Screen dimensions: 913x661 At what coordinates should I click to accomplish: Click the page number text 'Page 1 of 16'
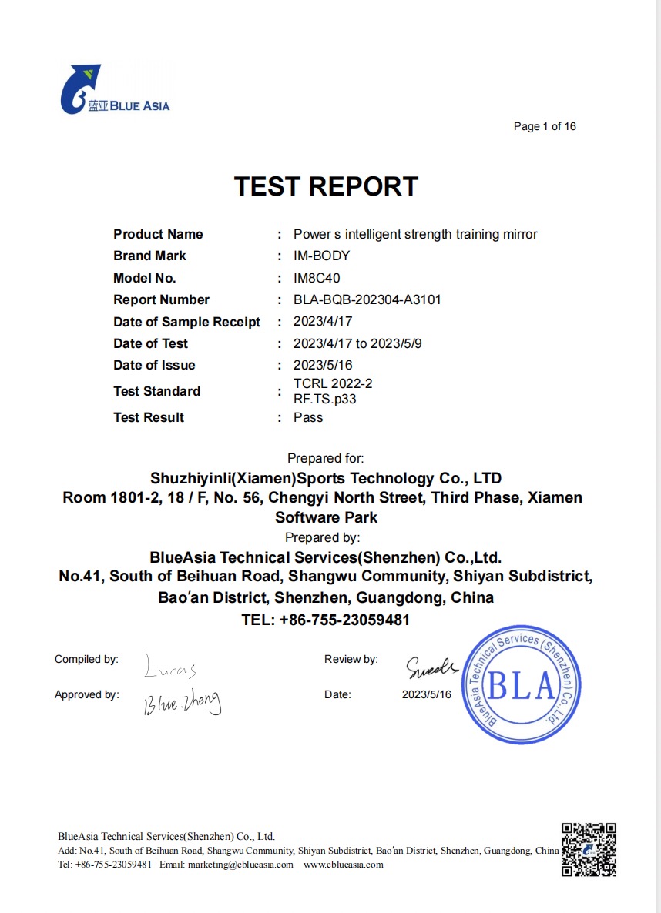coord(545,126)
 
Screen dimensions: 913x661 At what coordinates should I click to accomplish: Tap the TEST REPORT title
coord(326,186)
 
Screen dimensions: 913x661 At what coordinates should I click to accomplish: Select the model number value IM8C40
coord(317,278)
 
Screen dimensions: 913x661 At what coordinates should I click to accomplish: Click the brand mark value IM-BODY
coord(321,256)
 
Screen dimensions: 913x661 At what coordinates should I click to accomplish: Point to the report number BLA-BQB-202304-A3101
coord(367,299)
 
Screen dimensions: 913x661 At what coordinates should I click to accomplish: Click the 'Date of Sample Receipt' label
coord(186,322)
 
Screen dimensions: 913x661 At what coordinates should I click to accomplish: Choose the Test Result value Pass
coord(308,417)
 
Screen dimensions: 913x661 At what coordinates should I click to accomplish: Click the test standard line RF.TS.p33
coord(324,399)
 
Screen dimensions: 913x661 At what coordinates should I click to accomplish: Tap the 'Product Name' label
coord(158,234)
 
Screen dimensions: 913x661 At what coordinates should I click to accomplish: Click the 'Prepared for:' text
coord(325,458)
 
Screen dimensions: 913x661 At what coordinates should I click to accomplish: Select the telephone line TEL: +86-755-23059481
coord(325,620)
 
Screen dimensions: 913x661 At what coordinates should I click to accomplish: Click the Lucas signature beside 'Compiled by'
coord(170,668)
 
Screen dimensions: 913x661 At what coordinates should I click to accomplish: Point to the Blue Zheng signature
coord(182,702)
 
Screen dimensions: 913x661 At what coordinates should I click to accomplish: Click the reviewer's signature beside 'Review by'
coord(431,666)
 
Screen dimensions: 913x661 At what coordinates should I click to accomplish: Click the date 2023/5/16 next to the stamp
coord(426,694)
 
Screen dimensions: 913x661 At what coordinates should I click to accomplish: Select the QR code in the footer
coord(589,850)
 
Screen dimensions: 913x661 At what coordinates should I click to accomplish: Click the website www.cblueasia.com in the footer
coord(343,865)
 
